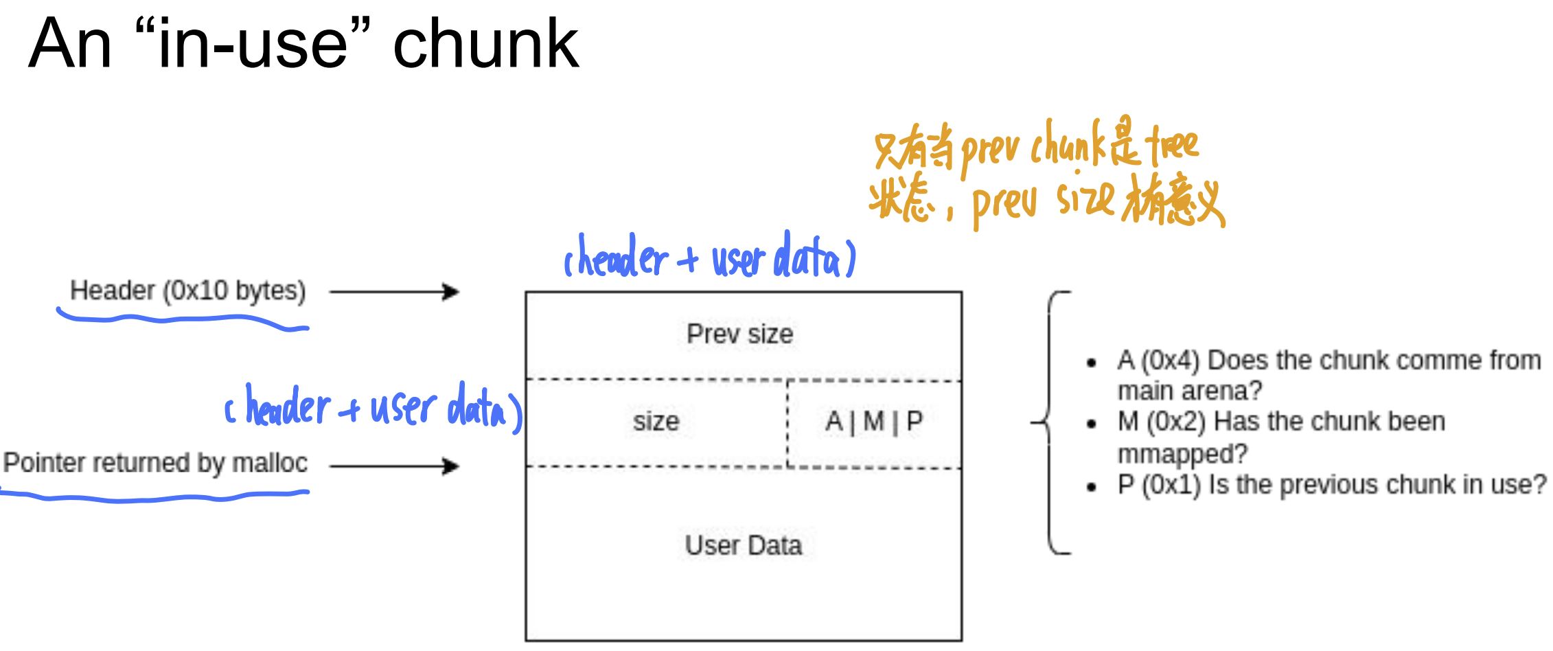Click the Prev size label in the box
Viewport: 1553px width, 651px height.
pos(739,334)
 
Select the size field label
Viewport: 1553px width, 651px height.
pos(656,422)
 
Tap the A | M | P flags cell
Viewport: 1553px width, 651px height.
pos(873,422)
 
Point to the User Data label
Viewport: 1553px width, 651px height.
pos(743,546)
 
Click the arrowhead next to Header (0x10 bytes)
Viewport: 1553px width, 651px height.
pos(451,292)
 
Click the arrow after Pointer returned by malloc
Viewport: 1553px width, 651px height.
pos(394,467)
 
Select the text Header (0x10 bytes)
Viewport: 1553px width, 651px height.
pos(187,290)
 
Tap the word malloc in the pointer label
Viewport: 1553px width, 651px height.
pos(269,464)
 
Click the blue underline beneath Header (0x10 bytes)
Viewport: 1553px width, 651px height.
pos(183,319)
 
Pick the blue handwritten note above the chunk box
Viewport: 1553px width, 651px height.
pos(709,258)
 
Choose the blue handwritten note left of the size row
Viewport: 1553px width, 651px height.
pos(373,407)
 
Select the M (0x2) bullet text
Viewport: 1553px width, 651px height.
pos(1280,422)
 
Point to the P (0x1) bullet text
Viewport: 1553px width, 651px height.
pos(1331,485)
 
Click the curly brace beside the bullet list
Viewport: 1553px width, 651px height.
pos(1049,422)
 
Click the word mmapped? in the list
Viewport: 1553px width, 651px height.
pos(1182,454)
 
